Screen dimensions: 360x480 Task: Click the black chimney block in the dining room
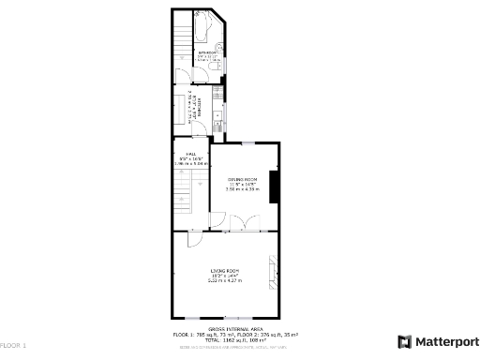(x=274, y=186)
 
